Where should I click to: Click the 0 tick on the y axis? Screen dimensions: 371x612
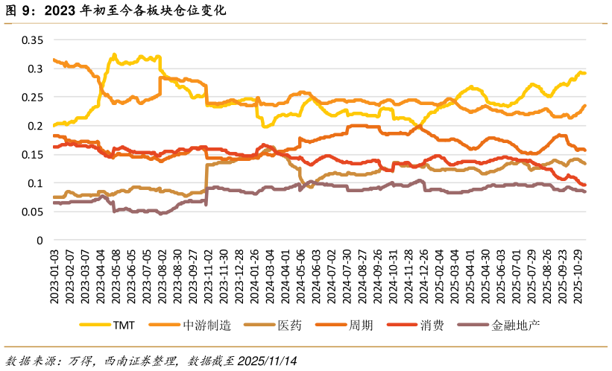[41, 241]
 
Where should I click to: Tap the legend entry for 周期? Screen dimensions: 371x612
[361, 326]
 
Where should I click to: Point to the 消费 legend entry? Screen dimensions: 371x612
[432, 326]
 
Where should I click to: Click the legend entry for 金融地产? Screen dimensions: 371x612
[514, 326]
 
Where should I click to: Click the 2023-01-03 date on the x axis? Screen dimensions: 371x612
[54, 276]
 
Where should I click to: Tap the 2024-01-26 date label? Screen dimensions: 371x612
[255, 276]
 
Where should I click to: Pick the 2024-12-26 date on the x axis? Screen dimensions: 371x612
[424, 276]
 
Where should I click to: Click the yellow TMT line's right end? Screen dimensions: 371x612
[585, 73]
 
